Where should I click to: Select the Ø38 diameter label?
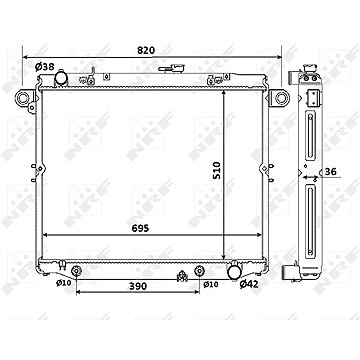coord(44,67)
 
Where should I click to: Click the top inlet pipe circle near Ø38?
coord(62,79)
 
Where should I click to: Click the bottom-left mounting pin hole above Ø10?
coord(76,270)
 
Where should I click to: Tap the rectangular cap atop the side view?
coord(314,97)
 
